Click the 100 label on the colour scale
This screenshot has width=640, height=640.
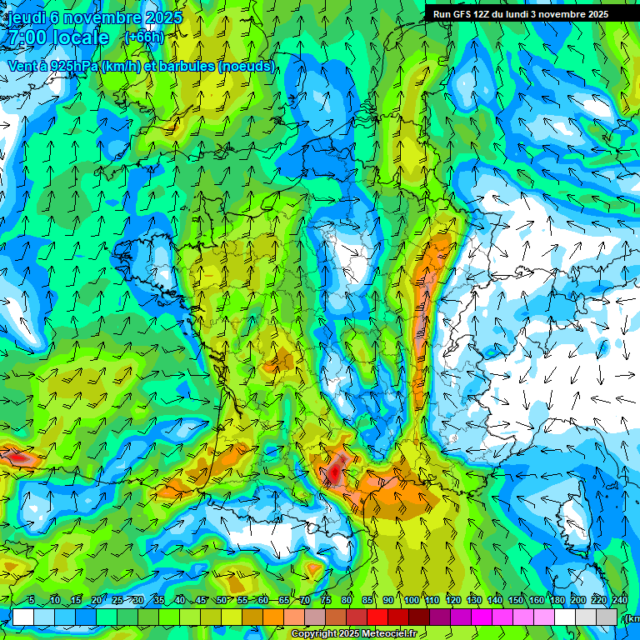coord(411,601)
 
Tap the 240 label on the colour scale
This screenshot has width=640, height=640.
coord(619,601)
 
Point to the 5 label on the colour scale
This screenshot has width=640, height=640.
coord(32,601)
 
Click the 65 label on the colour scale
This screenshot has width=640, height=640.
coord(283,601)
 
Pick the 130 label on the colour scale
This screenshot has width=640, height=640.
coord(473,601)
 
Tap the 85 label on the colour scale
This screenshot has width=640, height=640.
coord(367,601)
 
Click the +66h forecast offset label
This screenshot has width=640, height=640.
coord(144,37)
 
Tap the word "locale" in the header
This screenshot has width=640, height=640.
coord(79,37)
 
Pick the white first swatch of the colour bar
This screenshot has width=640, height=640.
coord(22,617)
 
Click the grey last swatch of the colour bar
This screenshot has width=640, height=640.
coord(607,617)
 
